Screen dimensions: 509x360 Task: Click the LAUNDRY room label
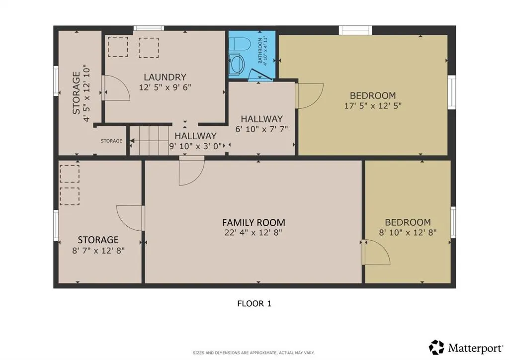tap(165, 77)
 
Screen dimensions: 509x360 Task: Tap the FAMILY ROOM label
tap(254, 223)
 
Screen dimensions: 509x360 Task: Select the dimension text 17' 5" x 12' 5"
tap(373, 105)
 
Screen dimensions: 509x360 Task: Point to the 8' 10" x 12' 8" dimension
tap(408, 232)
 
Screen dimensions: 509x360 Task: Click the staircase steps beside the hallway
tap(149, 141)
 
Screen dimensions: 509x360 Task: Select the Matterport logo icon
tap(436, 348)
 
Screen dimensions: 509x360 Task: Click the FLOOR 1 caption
tap(254, 304)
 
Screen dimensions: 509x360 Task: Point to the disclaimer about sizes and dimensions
tap(254, 353)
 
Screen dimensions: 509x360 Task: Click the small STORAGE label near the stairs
tap(111, 141)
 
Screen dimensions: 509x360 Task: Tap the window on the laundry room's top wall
tap(149, 28)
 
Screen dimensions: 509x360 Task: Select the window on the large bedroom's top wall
tap(355, 30)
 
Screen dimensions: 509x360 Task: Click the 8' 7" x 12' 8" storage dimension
tap(98, 251)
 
